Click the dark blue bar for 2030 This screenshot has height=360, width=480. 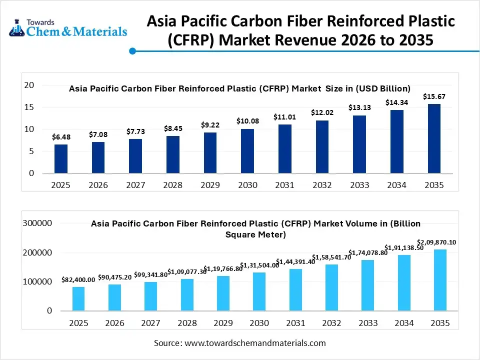(247, 151)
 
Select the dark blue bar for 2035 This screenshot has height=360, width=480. (434, 138)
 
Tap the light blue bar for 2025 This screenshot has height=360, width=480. (78, 298)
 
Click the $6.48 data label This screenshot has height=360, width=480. (60, 137)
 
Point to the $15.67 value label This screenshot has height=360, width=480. (433, 96)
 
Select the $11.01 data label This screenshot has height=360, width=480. (284, 116)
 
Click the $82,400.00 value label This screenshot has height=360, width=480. (78, 280)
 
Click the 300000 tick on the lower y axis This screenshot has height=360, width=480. (37, 223)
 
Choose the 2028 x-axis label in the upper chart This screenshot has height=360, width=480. (173, 185)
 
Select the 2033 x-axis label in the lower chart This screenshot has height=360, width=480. (367, 323)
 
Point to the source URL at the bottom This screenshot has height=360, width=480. (239, 343)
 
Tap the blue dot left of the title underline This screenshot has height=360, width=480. (132, 50)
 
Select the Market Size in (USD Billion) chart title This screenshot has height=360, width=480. (239, 88)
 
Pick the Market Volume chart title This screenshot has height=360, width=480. (255, 228)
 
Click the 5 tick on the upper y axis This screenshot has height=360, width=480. (31, 151)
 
